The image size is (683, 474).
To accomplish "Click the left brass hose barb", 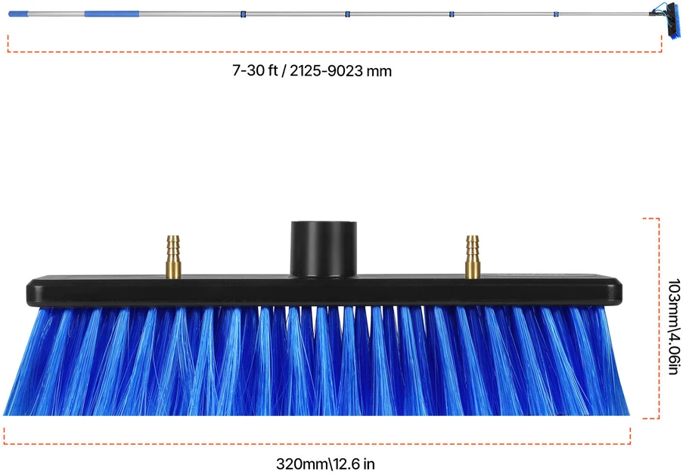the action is point(173,257).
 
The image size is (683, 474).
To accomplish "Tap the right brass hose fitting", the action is point(473,257).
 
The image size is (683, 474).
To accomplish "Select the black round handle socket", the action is point(324,249).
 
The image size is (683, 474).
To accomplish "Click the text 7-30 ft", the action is point(255,70).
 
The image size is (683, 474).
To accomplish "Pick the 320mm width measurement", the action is point(301,463).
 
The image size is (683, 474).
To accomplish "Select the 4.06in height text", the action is point(674,352).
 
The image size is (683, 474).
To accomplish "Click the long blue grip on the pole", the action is point(112,14).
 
